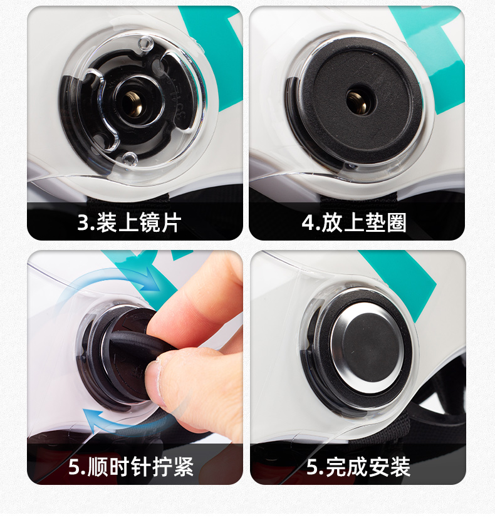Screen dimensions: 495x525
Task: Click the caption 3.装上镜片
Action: tap(129, 222)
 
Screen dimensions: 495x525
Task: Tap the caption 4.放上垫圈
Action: tap(354, 222)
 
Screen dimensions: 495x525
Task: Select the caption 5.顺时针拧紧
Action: tap(131, 466)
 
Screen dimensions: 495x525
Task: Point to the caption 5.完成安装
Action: tap(358, 466)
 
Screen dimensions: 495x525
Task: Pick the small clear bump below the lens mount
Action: tap(130, 159)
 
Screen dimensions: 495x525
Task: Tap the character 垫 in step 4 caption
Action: tap(375, 222)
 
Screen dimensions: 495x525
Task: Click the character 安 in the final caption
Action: tap(380, 466)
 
